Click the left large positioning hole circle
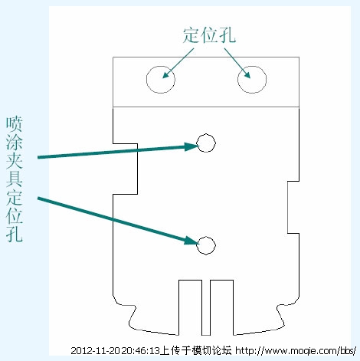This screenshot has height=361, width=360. click(146, 80)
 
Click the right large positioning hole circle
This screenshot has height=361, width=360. click(237, 80)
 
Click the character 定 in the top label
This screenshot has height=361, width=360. click(191, 35)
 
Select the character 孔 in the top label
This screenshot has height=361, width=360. click(227, 35)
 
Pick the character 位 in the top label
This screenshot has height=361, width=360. click(209, 35)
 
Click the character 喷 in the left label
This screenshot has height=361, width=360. click(15, 123)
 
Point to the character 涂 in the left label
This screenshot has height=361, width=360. click(15, 142)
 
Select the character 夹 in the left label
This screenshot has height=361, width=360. click(15, 160)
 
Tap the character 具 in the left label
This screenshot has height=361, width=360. click(15, 179)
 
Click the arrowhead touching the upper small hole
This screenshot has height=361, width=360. click(191, 146)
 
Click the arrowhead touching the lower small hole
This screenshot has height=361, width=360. click(191, 241)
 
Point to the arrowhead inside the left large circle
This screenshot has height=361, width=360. click(166, 74)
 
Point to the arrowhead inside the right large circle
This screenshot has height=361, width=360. click(247, 74)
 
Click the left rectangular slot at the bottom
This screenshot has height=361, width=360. click(191, 281)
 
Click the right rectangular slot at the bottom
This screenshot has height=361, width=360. click(221, 281)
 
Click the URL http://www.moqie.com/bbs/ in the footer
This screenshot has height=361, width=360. click(295, 350)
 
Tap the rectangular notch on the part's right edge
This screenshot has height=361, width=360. click(288, 207)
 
